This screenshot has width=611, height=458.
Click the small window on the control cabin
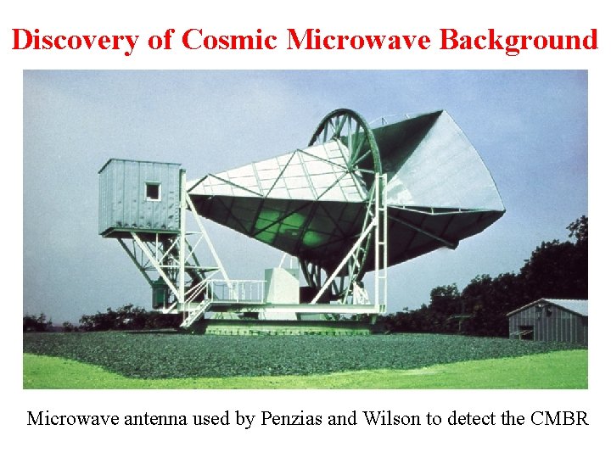(x=152, y=191)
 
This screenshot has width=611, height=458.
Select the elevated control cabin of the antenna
(x=140, y=197)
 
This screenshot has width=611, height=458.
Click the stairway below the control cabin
(x=197, y=305)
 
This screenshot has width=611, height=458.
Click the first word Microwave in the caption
(x=69, y=419)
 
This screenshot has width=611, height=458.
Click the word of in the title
(x=160, y=39)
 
